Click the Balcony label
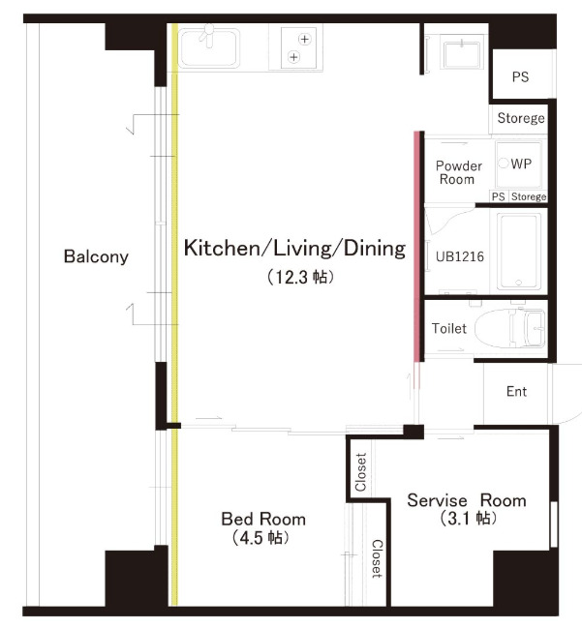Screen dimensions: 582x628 [x=96, y=256]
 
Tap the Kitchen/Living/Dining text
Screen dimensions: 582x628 [x=294, y=249]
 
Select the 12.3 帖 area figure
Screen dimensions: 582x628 [x=300, y=277]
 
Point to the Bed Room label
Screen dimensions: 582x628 [x=263, y=519]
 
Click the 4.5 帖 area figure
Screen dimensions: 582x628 [x=260, y=537]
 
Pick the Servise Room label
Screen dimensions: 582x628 [x=467, y=500]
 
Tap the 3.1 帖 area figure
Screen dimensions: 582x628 [x=469, y=519]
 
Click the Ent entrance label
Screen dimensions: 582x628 [x=516, y=391]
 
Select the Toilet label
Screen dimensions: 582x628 [x=449, y=328]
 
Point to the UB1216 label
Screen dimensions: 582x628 [x=460, y=256]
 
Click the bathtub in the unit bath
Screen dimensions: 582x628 [x=518, y=252]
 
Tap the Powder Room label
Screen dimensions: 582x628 [x=458, y=172]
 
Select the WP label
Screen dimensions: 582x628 [x=521, y=164]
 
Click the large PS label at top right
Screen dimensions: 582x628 [x=520, y=76]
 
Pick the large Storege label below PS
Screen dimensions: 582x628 [x=521, y=118]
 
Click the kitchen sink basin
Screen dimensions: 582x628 [x=208, y=47]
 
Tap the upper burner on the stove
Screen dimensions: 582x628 [x=305, y=39]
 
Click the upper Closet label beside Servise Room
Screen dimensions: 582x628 [x=361, y=472]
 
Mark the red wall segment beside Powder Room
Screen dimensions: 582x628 [x=416, y=247]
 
